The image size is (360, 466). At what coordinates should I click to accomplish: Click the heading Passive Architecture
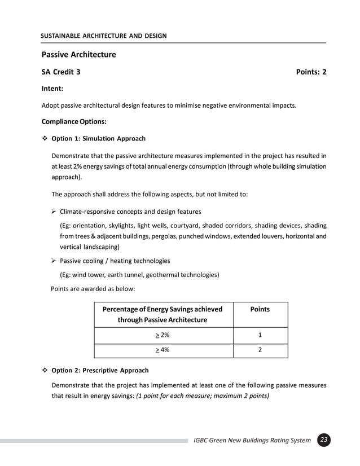click(78, 55)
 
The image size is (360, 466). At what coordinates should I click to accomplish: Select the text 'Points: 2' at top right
click(311, 72)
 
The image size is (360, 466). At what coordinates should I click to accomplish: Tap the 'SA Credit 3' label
click(61, 72)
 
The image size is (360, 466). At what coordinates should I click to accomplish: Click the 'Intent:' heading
click(52, 89)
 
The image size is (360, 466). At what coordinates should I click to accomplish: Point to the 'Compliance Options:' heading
click(74, 121)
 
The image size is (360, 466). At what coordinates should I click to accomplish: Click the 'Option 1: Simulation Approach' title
click(98, 138)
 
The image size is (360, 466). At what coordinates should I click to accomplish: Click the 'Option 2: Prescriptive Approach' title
click(100, 371)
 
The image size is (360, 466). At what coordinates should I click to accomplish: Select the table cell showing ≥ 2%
click(163, 336)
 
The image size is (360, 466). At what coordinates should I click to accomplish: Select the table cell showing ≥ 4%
click(163, 350)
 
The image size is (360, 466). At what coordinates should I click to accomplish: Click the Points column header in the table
click(260, 309)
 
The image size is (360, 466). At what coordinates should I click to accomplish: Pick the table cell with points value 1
click(260, 336)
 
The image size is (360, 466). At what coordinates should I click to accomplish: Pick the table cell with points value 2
click(260, 350)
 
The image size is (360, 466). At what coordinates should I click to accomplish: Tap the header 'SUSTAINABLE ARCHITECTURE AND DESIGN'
click(104, 36)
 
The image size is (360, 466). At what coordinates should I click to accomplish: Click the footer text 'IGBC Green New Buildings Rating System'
click(252, 440)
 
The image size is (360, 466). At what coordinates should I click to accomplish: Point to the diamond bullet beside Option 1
click(45, 138)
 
